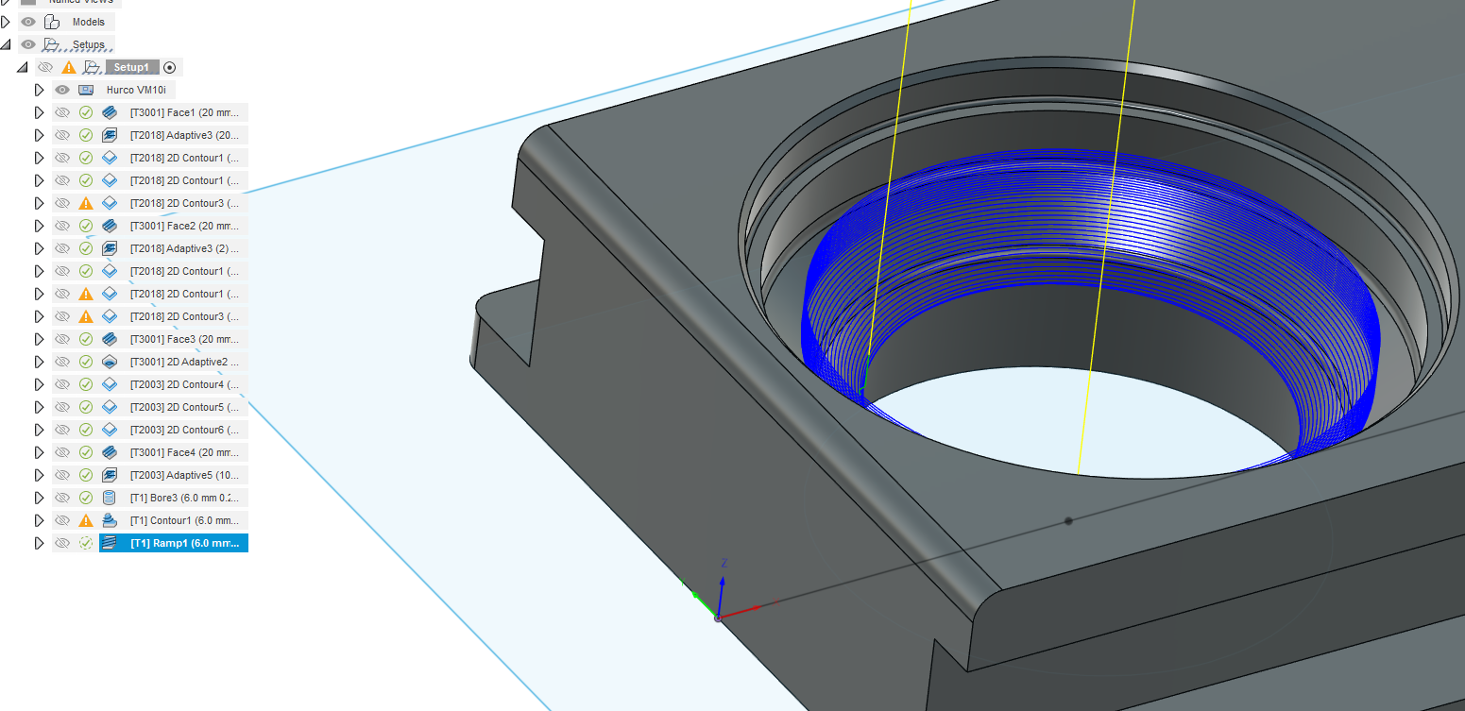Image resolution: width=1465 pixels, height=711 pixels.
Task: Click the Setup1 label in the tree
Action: (131, 67)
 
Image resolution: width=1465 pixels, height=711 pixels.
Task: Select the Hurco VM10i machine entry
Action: (136, 90)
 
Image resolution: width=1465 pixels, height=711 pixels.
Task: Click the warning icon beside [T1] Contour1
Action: (86, 520)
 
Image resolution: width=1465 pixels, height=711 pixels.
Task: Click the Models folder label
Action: (89, 22)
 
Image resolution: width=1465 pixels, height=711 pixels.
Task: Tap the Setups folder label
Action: (89, 44)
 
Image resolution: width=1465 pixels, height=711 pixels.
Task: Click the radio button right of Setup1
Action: (170, 67)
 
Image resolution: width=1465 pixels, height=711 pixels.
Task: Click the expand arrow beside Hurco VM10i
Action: (39, 90)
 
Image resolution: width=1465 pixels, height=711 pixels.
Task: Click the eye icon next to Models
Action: (28, 22)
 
